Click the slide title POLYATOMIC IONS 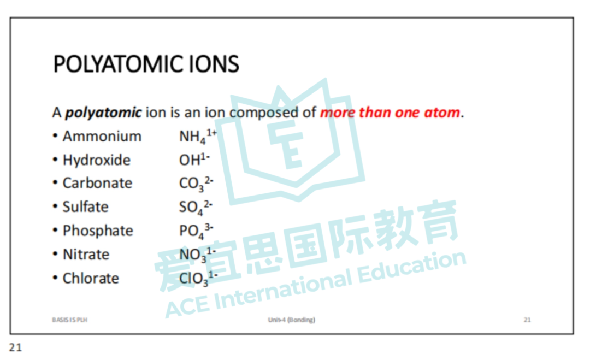[146, 64]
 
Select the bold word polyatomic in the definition [103, 113]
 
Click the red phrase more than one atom [390, 113]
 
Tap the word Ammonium [102, 137]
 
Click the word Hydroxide [97, 160]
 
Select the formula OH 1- [194, 160]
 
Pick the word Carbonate [97, 184]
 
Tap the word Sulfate [85, 207]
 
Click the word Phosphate [98, 231]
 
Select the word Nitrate [86, 255]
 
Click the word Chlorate [91, 279]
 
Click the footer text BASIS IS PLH [69, 320]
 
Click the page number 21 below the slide [16, 347]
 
